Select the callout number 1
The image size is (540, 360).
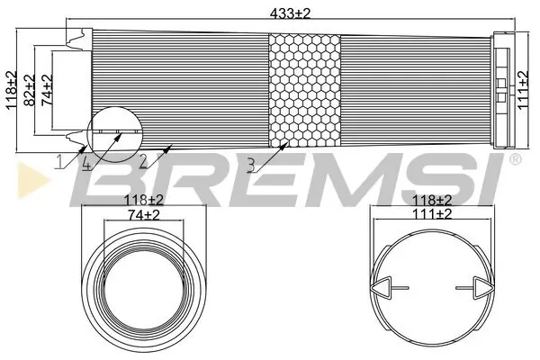(58, 161)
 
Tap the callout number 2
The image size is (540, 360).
(142, 161)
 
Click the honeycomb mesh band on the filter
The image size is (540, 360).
(306, 90)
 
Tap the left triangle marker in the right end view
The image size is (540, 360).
(380, 288)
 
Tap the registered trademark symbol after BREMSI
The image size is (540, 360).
(515, 160)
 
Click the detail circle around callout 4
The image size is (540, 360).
(113, 135)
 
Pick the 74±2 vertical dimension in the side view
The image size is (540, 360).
(46, 90)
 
